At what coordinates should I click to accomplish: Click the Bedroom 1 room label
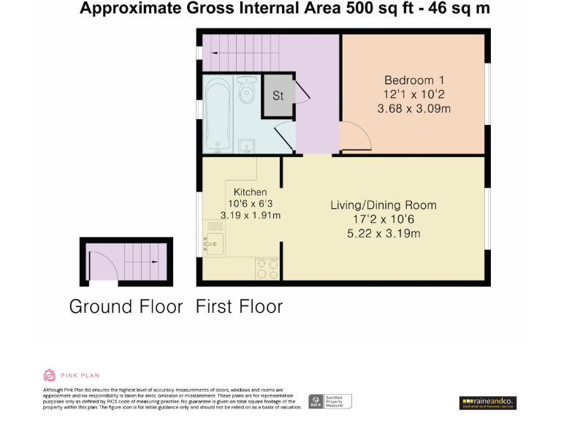(414, 80)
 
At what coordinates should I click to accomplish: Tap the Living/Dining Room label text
(383, 205)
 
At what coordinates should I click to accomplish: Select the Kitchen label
(250, 192)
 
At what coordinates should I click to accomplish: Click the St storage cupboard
(278, 96)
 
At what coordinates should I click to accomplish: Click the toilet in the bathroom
(246, 91)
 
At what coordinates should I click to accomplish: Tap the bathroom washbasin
(247, 145)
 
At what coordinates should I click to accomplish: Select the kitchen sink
(215, 242)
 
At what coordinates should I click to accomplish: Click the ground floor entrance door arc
(99, 264)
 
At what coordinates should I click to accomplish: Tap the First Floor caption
(239, 306)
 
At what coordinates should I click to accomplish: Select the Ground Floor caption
(126, 306)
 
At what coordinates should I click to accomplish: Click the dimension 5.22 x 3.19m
(383, 234)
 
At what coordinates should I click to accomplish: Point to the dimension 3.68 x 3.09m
(413, 109)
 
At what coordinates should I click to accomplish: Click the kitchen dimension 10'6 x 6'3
(250, 204)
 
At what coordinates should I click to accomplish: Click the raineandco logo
(487, 401)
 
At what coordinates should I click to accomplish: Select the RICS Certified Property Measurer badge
(330, 401)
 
